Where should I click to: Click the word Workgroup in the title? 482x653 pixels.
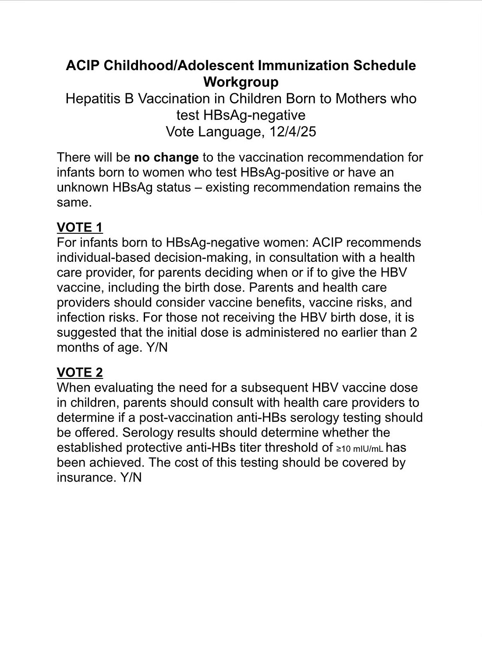241,82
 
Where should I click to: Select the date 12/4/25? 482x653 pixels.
293,132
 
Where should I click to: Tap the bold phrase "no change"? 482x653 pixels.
167,157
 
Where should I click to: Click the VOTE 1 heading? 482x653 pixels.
80,227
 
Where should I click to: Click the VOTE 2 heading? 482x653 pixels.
80,372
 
